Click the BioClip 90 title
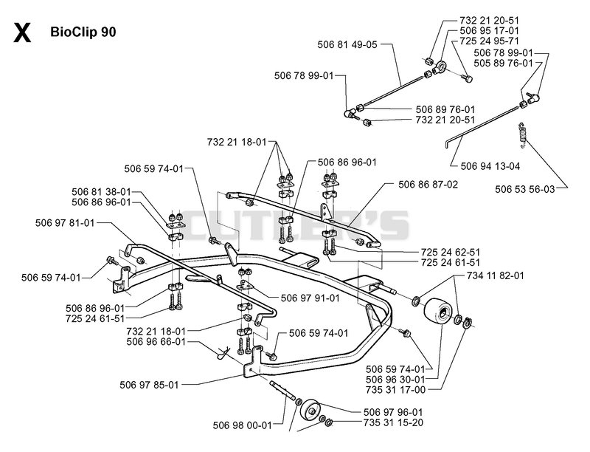click(x=83, y=32)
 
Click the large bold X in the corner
click(x=22, y=32)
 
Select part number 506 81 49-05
click(x=347, y=44)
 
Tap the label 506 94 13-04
click(x=490, y=166)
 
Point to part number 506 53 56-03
click(x=524, y=189)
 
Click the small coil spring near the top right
click(x=522, y=133)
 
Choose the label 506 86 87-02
click(x=428, y=185)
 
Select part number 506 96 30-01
click(x=395, y=380)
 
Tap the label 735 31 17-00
click(x=395, y=390)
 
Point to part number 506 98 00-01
click(x=243, y=425)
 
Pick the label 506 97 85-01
click(x=149, y=385)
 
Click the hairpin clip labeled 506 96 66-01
click(x=223, y=352)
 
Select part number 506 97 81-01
click(x=65, y=223)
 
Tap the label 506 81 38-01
click(x=101, y=192)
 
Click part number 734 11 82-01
click(x=495, y=275)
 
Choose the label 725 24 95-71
click(x=489, y=41)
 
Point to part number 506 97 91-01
click(x=310, y=298)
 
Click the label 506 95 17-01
click(x=489, y=31)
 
